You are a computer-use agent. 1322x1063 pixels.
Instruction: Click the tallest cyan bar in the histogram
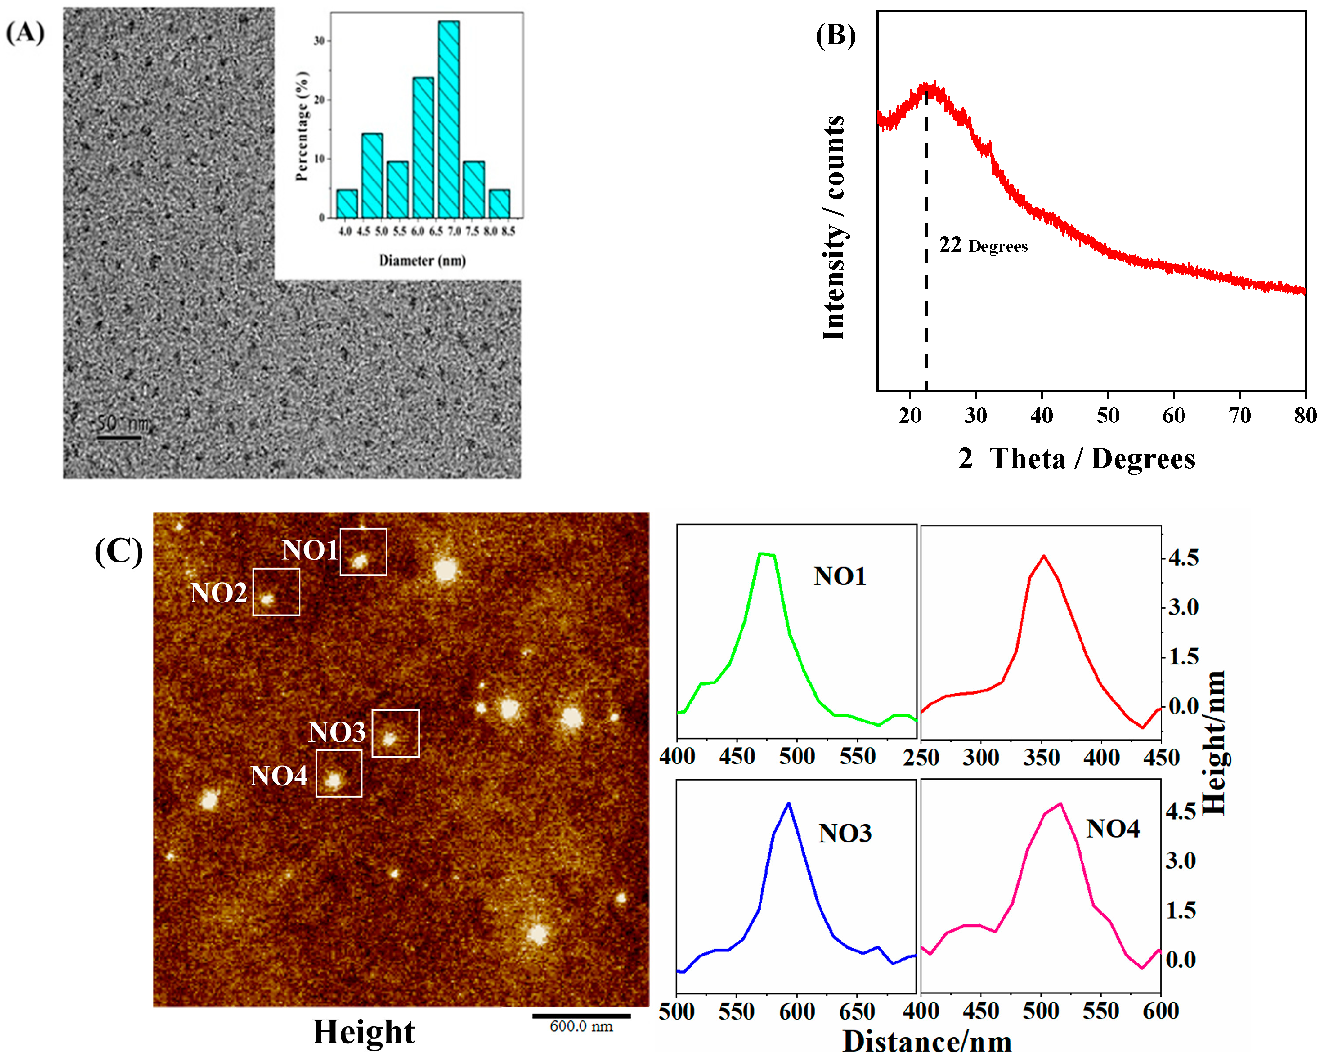[448, 120]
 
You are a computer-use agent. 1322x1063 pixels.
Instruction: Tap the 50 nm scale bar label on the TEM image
[122, 423]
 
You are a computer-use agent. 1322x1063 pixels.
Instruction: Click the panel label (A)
[25, 32]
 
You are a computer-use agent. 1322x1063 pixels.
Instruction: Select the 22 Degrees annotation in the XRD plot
[983, 245]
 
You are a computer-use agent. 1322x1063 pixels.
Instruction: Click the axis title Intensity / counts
[834, 227]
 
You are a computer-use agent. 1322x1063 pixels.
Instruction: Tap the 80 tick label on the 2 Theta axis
[1305, 416]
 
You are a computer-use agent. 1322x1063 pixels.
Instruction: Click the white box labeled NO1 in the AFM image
[363, 551]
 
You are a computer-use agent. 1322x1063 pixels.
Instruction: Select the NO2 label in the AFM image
[218, 593]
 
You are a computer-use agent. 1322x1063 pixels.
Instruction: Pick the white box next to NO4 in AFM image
[339, 773]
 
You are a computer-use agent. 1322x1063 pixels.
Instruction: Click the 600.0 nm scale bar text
[581, 1026]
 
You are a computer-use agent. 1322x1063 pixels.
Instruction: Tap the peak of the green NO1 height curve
[766, 554]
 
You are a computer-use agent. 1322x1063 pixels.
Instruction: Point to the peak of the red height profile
[1043, 556]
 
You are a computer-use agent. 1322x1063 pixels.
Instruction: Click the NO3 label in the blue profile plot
[844, 833]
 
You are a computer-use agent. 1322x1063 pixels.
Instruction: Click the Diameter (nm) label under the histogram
[422, 261]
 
